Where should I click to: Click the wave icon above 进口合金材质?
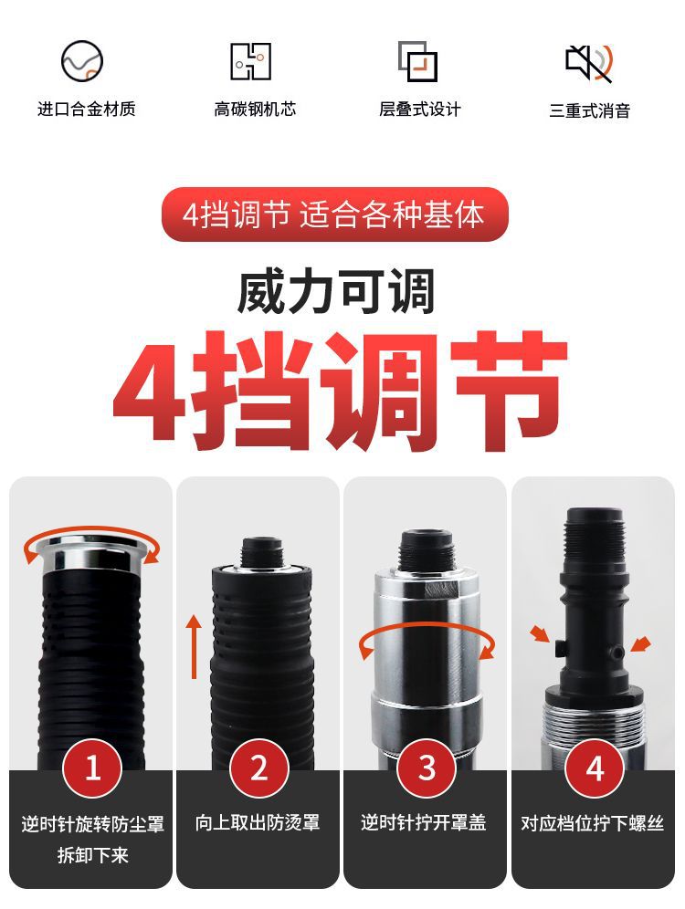click(x=82, y=62)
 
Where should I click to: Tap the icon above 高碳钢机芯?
click(x=249, y=61)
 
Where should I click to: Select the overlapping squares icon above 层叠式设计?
click(x=418, y=62)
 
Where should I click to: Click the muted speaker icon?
click(x=588, y=62)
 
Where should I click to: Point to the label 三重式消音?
click(x=589, y=110)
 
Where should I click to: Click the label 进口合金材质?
click(x=86, y=110)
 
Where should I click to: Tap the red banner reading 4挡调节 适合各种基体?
click(x=334, y=215)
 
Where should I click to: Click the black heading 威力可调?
click(x=335, y=291)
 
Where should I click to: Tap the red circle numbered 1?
click(x=91, y=769)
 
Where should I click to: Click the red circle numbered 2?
click(x=258, y=769)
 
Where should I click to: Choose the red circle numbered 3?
click(x=427, y=769)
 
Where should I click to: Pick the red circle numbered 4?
click(x=595, y=769)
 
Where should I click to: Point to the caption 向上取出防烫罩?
click(x=258, y=823)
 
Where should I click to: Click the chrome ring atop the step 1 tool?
click(x=91, y=550)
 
